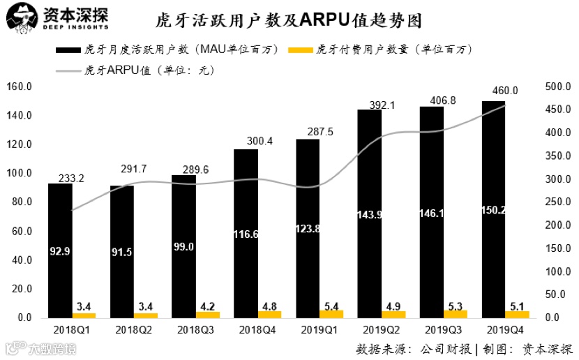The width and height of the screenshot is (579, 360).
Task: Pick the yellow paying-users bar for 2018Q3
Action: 208,315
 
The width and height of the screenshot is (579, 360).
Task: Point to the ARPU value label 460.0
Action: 505,91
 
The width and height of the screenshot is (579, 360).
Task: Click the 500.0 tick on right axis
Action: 556,87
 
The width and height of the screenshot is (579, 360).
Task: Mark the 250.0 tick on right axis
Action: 556,202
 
